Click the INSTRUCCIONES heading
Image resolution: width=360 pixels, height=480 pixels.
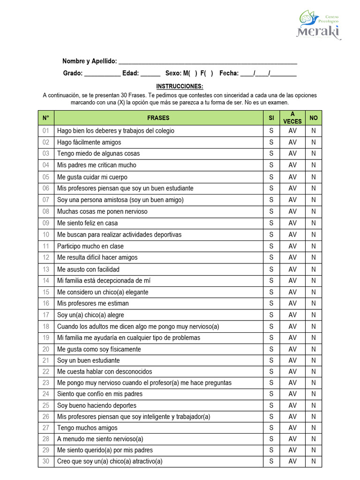(180, 87)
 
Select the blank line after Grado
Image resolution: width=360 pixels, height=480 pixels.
(103, 74)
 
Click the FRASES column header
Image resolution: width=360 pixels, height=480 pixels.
(158, 118)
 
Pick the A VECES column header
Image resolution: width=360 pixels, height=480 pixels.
(292, 118)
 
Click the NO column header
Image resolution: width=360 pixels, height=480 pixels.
(314, 118)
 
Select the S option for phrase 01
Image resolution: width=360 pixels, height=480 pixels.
(271, 131)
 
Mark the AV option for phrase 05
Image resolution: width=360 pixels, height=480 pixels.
(292, 177)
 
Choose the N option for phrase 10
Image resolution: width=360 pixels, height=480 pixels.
(314, 234)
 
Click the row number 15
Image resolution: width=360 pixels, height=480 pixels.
(45, 292)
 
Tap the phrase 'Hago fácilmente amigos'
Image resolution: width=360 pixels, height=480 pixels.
(89, 142)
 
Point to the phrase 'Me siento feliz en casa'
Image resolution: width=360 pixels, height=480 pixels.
(88, 223)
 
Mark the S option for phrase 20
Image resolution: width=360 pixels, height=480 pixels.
(271, 349)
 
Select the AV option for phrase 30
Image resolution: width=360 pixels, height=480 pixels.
(292, 461)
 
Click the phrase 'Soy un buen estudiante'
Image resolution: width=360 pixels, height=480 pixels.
(88, 360)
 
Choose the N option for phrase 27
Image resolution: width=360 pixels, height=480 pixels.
(314, 427)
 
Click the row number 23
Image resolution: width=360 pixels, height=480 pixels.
(45, 382)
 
